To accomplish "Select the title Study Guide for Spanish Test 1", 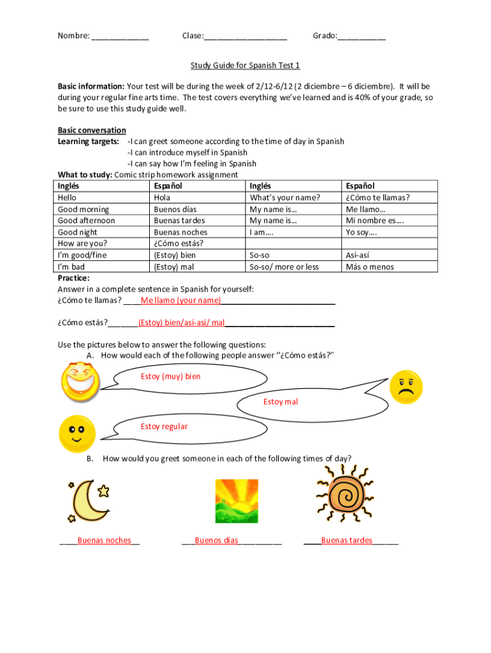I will pyautogui.click(x=245, y=65).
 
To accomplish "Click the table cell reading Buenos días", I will pyautogui.click(x=175, y=209).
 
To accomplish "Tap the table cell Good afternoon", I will pyautogui.click(x=86, y=221).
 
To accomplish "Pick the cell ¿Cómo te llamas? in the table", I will pyautogui.click(x=377, y=198).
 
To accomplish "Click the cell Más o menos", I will pyautogui.click(x=369, y=267).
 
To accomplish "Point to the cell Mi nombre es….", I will pyautogui.click(x=375, y=221).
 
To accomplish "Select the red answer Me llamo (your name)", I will pyautogui.click(x=181, y=300).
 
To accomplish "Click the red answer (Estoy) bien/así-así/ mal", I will pyautogui.click(x=181, y=322).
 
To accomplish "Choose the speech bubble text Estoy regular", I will pyautogui.click(x=164, y=426).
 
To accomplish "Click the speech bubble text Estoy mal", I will pyautogui.click(x=280, y=401).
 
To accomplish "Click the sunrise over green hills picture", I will pyautogui.click(x=237, y=501).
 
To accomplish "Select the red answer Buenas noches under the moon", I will pyautogui.click(x=104, y=541).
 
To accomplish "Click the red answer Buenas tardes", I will pyautogui.click(x=346, y=541).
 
